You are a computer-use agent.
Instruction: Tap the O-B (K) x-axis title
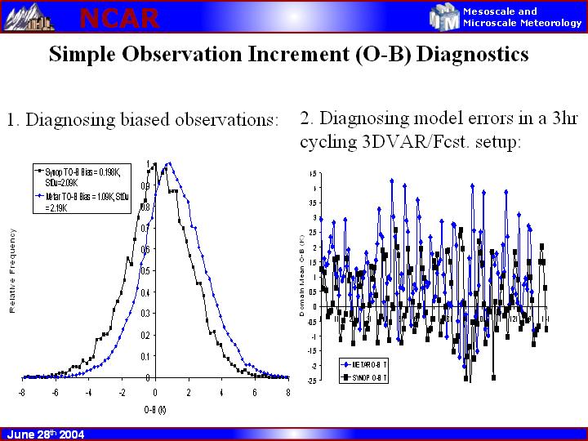pyautogui.click(x=154, y=408)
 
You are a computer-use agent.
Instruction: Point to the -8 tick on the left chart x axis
pyautogui.click(x=22, y=392)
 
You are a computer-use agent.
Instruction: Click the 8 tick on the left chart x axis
pyautogui.click(x=287, y=392)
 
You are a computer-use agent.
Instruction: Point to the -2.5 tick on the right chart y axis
pyautogui.click(x=311, y=381)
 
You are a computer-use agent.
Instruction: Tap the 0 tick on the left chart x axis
pyautogui.click(x=155, y=392)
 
